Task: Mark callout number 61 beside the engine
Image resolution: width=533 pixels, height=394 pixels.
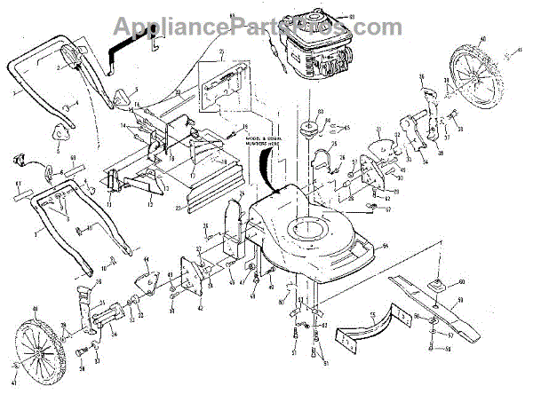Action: (x=351, y=17)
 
